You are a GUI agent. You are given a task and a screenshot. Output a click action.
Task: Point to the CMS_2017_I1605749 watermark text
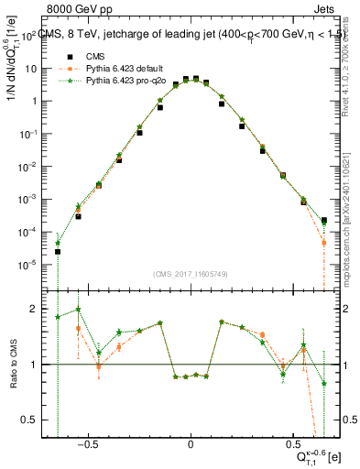pyautogui.click(x=190, y=273)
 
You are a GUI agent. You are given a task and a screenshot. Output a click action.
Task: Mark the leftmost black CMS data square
pyautogui.click(x=58, y=251)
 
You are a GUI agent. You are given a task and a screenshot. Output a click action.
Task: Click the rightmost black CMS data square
pyautogui.click(x=324, y=220)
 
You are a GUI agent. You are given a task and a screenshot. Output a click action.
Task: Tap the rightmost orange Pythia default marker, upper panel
pyautogui.click(x=324, y=243)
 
